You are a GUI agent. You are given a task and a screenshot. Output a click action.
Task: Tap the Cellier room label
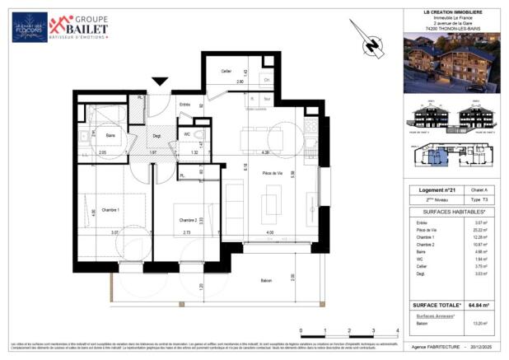pyautogui.click(x=226, y=72)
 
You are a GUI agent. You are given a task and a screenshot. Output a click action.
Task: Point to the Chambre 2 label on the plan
pyautogui.click(x=190, y=219)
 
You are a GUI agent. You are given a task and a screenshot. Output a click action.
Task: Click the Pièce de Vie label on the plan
pyautogui.click(x=273, y=172)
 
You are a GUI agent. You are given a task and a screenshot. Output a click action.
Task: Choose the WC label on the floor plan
pyautogui.click(x=188, y=133)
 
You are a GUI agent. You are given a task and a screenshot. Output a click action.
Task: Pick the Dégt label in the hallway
pyautogui.click(x=156, y=136)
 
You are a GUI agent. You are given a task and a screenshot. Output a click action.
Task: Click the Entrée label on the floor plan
pyautogui.click(x=185, y=104)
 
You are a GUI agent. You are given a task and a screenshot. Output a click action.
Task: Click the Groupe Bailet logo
pyautogui.click(x=79, y=27)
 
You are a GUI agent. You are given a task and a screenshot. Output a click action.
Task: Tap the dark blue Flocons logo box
pyautogui.click(x=30, y=27)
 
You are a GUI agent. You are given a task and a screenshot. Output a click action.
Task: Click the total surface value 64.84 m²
pyautogui.click(x=477, y=305)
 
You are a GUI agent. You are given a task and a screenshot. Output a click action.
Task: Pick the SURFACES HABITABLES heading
pyautogui.click(x=451, y=212)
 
